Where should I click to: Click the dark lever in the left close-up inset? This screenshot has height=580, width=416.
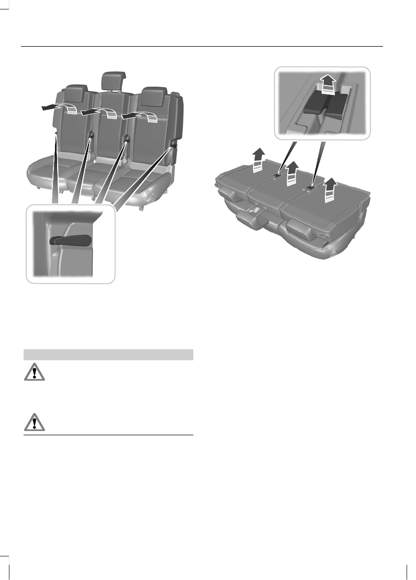[x=70, y=240]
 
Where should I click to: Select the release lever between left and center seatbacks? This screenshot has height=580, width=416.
[x=91, y=135]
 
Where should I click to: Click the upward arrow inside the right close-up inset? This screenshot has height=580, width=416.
[x=329, y=82]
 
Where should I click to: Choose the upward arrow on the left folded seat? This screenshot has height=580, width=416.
[x=257, y=160]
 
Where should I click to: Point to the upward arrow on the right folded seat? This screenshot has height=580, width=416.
[x=330, y=189]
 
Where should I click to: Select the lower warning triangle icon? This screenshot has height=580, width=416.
[x=34, y=423]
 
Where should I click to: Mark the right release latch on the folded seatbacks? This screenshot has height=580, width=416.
[x=312, y=186]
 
